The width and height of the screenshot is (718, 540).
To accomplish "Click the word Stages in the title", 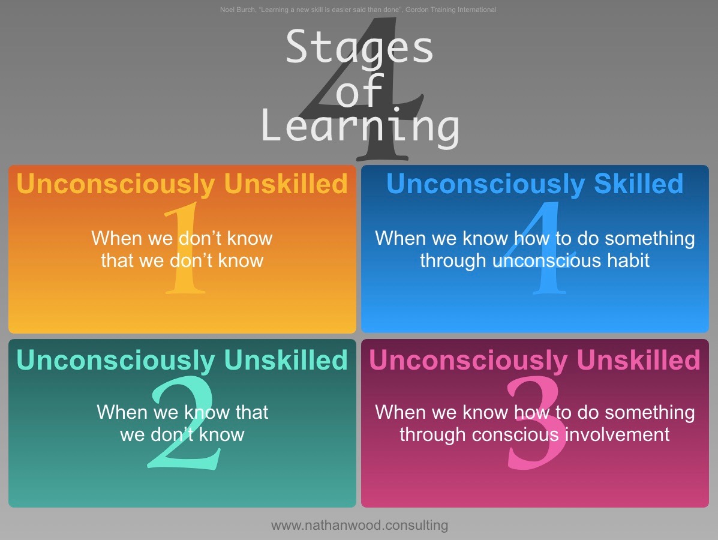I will click(x=359, y=47).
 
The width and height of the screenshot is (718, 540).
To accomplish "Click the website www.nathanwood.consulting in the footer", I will click(x=359, y=526).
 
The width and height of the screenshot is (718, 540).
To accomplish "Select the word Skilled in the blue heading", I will click(x=638, y=184).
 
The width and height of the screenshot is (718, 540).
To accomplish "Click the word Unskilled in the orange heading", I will click(x=286, y=184).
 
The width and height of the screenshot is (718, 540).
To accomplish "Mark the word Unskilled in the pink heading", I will click(x=638, y=360).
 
